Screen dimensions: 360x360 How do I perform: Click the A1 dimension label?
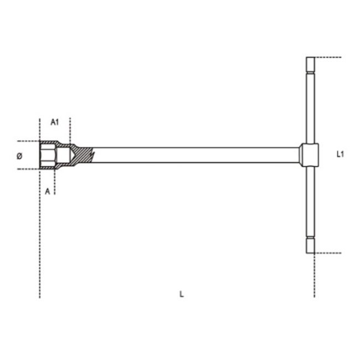55,122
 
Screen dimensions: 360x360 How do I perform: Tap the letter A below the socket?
47,191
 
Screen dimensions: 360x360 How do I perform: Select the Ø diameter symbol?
20,156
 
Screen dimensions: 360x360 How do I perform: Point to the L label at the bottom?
182,294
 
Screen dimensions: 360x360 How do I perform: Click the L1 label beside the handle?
340,155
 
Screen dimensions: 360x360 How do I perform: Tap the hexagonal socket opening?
48,155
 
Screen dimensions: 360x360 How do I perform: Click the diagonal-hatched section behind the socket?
82,155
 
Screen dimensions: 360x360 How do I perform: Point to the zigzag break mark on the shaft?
93,155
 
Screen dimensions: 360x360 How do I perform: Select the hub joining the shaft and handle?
309,155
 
